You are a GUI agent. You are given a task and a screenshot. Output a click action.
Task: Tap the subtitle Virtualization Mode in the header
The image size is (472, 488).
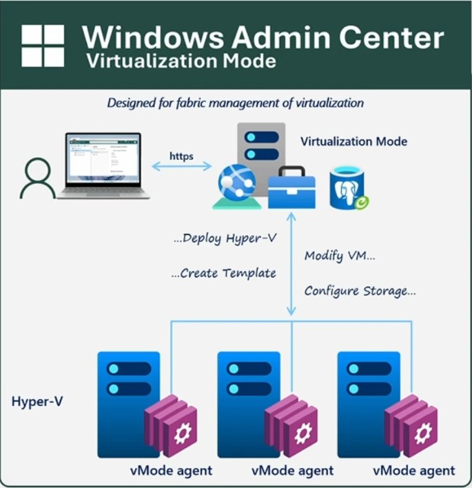[181, 61]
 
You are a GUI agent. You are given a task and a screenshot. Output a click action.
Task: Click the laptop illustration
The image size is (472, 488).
[103, 165]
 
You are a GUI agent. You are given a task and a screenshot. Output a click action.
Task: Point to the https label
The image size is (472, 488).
[181, 156]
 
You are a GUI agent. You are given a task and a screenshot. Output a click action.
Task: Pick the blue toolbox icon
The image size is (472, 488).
[291, 187]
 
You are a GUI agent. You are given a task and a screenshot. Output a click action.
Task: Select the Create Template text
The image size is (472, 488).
[223, 274]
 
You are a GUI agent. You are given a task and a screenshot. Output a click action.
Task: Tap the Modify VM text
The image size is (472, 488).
[340, 256]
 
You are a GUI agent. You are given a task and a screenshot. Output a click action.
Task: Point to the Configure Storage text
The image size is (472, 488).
[360, 291]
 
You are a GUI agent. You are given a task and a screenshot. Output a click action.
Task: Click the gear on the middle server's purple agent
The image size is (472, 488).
[301, 435]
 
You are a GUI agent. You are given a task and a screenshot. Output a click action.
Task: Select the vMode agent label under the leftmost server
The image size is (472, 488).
[171, 471]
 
